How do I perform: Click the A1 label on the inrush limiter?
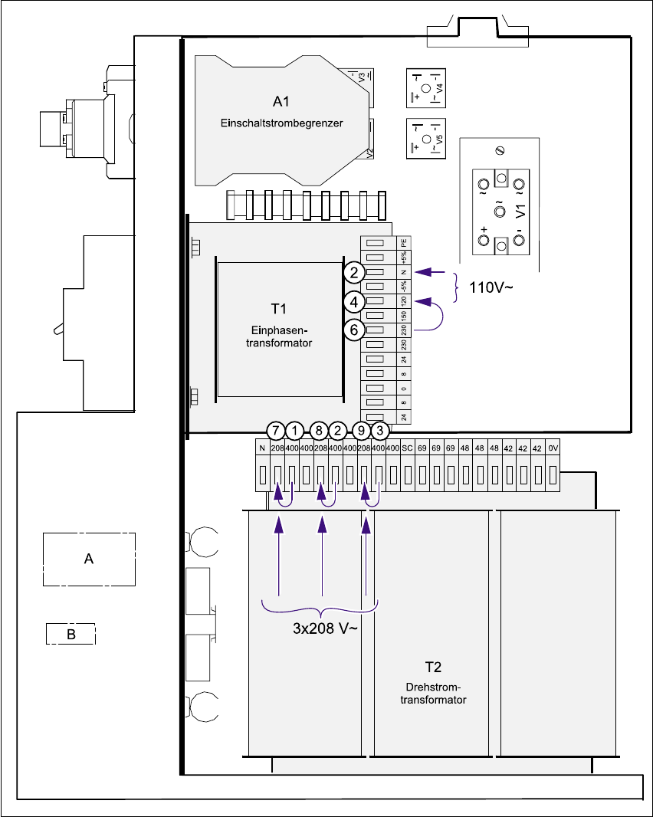pos(281,101)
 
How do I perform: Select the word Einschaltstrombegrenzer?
pos(281,123)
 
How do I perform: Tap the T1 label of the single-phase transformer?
pos(278,308)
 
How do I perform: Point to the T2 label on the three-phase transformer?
pos(433,666)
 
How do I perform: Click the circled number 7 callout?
pos(276,431)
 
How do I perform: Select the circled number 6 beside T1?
pos(353,329)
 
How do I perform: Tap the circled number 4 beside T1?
pos(353,301)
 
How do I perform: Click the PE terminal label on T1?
pos(404,243)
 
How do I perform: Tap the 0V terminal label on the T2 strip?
pos(554,447)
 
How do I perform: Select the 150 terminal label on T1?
pos(404,315)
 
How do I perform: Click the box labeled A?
pos(89,559)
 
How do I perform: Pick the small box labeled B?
pos(71,634)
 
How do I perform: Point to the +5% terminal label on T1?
pos(404,258)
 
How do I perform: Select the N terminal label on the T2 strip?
pos(261,447)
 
